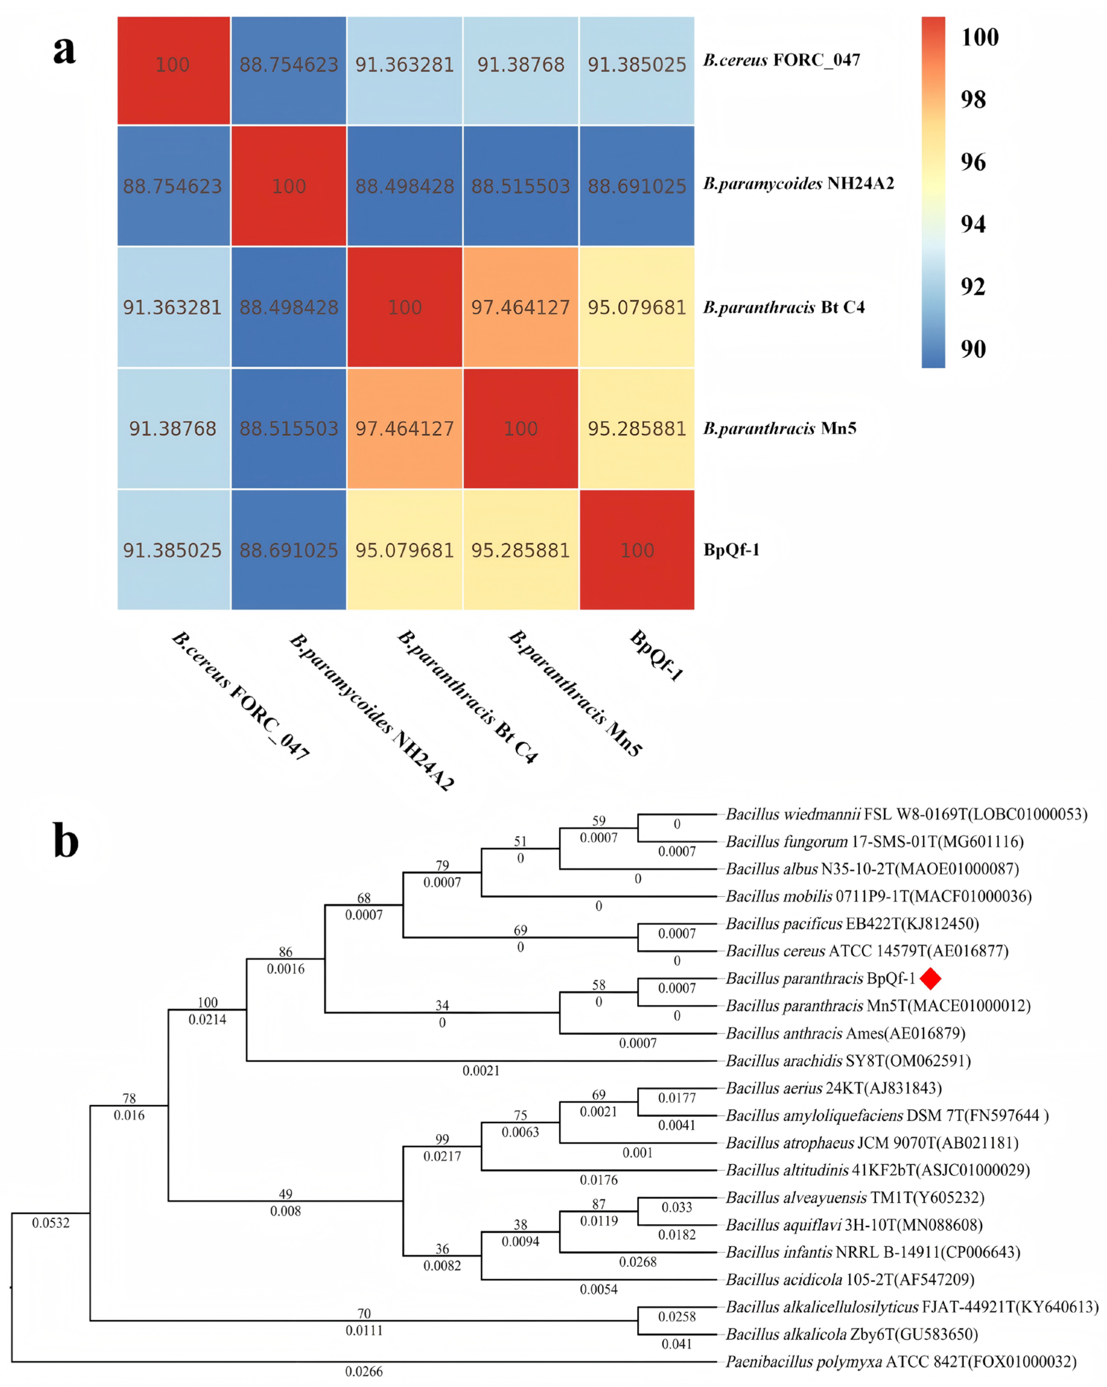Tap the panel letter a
coord(64,50)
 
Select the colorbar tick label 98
coord(973,100)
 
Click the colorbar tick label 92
coord(973,287)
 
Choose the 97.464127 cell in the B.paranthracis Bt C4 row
coord(520,307)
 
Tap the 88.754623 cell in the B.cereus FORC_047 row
coord(288,65)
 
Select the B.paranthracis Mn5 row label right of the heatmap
coord(779,428)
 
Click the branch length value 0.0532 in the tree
coord(51,1223)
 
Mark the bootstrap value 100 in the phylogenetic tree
coord(207,1002)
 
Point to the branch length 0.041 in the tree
coord(676,1344)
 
